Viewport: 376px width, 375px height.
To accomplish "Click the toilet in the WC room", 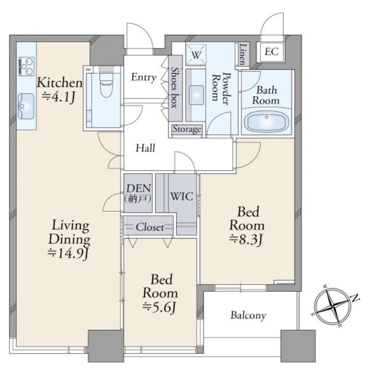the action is point(106,85).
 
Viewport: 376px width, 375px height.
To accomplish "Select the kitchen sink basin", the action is point(26,106).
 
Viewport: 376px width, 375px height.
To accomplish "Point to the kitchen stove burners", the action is point(26,66).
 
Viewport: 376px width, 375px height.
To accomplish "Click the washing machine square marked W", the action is point(196,54).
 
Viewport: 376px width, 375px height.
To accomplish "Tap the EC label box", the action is point(271,52).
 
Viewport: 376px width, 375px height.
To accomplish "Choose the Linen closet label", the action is point(243,54).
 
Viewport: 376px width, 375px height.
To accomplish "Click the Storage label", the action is point(187,129).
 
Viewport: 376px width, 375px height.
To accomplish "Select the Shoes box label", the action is point(175,88).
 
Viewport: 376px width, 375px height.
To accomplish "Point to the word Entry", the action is point(144,77).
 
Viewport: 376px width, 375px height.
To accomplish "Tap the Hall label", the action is point(145,148).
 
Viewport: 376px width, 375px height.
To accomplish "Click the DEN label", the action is point(138,189).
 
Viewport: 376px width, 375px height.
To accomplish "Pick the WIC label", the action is point(182,197).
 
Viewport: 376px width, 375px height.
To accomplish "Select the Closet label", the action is point(150,227).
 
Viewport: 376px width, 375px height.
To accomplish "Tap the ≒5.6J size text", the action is point(160,307).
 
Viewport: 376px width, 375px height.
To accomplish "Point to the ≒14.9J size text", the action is point(68,253).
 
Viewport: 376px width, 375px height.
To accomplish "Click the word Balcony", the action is point(249,316).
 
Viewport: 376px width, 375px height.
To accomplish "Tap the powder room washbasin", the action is point(196,95).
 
